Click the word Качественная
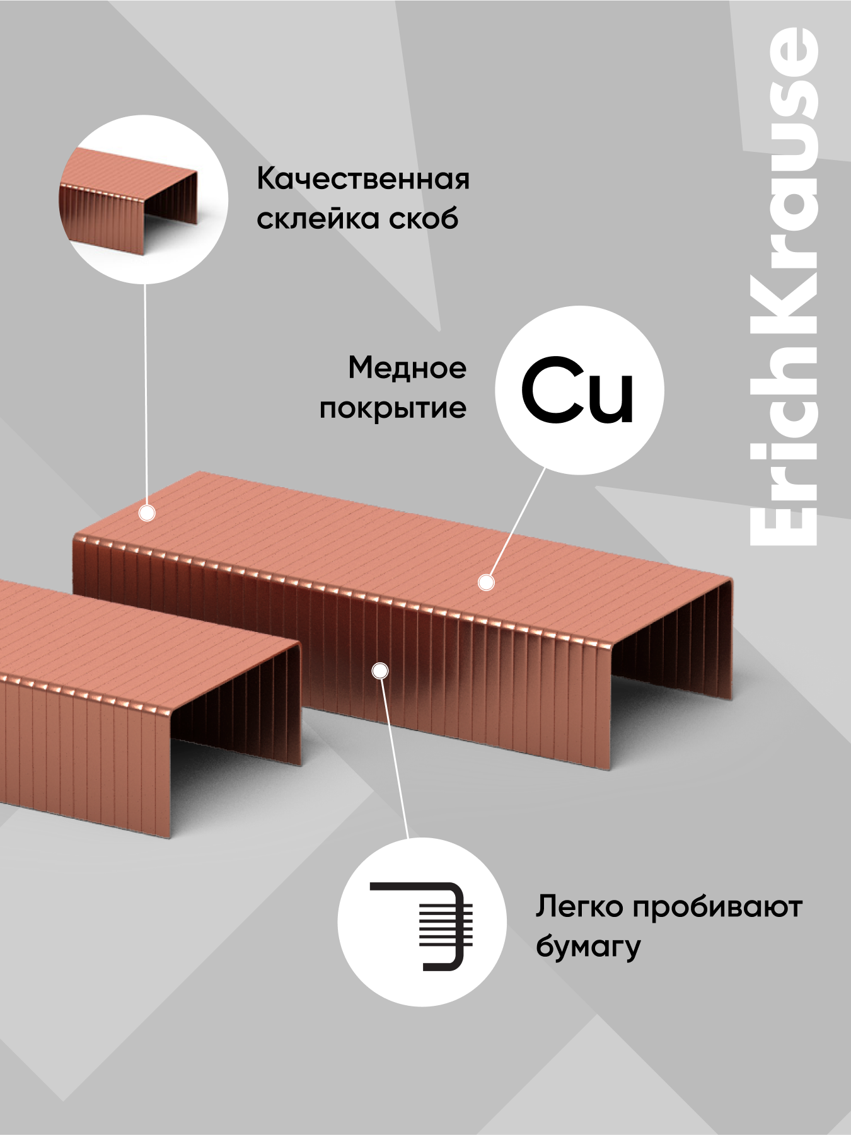click(363, 179)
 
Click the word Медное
click(407, 368)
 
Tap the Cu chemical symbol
click(577, 391)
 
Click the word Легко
click(579, 907)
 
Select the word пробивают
click(717, 907)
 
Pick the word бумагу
click(588, 947)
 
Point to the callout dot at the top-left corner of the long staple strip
click(147, 514)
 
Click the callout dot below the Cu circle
click(486, 583)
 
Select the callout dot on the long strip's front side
click(379, 671)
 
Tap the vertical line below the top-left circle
click(146, 397)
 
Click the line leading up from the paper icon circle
click(395, 756)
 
